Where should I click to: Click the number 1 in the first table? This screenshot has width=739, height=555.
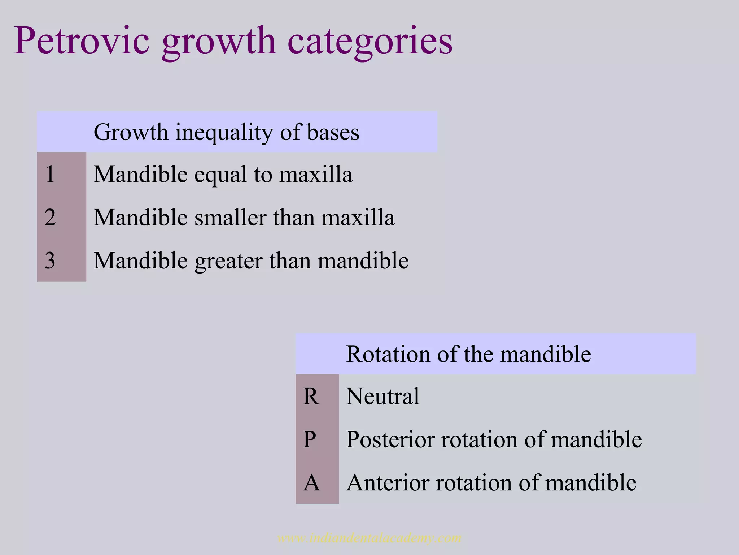50,174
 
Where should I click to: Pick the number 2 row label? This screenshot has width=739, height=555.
50,218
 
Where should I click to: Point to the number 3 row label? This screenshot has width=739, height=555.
50,261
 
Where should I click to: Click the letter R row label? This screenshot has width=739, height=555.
311,396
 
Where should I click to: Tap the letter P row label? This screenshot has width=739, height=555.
310,439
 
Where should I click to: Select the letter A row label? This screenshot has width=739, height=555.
311,483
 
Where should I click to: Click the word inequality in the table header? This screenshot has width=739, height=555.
224,133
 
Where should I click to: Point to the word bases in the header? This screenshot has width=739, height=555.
333,132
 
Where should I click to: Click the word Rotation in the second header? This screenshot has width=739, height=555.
388,354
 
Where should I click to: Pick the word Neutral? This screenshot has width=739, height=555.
382,396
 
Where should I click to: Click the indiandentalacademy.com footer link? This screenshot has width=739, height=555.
369,538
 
